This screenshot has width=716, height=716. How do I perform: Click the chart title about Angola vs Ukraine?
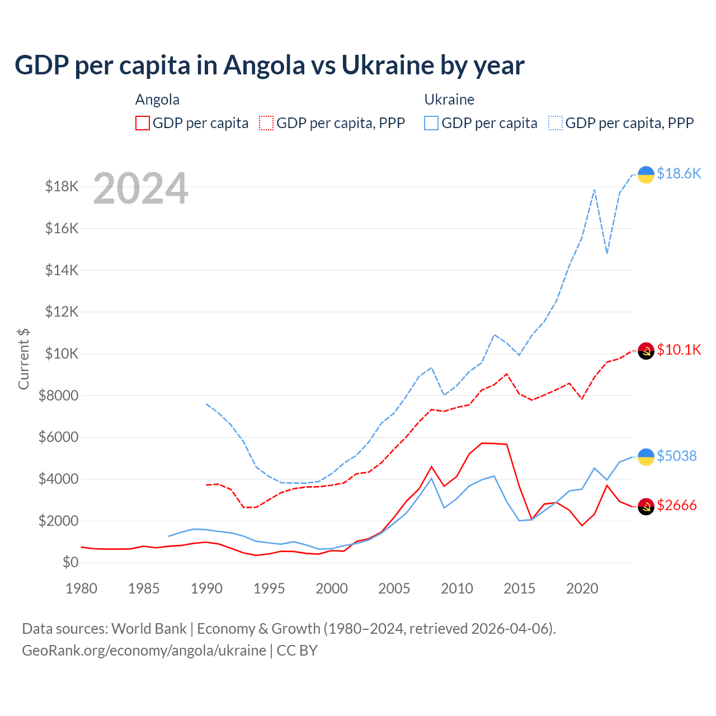[269, 65]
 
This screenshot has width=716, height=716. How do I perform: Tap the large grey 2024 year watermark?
[140, 189]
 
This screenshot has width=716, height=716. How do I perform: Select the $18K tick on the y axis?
[62, 187]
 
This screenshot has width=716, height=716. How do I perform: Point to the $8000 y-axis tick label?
[59, 396]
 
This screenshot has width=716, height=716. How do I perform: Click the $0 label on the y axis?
[70, 563]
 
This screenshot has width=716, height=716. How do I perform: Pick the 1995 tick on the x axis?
[269, 588]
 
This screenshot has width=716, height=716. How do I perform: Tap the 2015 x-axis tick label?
[520, 588]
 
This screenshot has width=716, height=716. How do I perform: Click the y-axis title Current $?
[23, 359]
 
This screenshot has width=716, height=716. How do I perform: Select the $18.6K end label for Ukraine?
[679, 174]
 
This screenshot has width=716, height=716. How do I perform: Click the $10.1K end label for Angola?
[679, 350]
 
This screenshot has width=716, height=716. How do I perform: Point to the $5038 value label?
[676, 456]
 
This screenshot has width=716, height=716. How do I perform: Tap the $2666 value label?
[676, 506]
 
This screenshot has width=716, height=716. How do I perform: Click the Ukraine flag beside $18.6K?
[646, 175]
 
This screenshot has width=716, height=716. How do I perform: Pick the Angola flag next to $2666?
[646, 506]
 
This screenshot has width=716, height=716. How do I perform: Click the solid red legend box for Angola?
[143, 123]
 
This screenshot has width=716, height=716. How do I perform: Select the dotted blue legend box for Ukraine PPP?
[555, 123]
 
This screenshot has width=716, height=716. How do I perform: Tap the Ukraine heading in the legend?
[449, 100]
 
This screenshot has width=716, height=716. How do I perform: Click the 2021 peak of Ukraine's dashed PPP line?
[594, 190]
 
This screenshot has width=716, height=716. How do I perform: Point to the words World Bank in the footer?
[149, 629]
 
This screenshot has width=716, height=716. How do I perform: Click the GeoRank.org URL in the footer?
[144, 651]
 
